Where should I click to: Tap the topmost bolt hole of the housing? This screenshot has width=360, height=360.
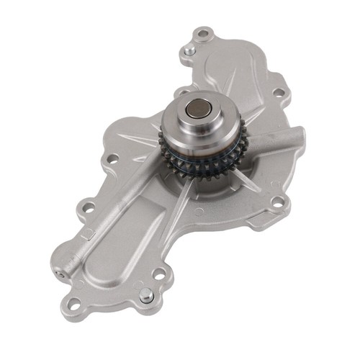click(x=204, y=33)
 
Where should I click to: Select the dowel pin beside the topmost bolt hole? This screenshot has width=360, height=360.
click(x=189, y=51)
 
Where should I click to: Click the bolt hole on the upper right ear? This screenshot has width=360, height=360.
click(x=278, y=93)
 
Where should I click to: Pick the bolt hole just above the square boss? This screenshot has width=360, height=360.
click(x=89, y=207)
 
